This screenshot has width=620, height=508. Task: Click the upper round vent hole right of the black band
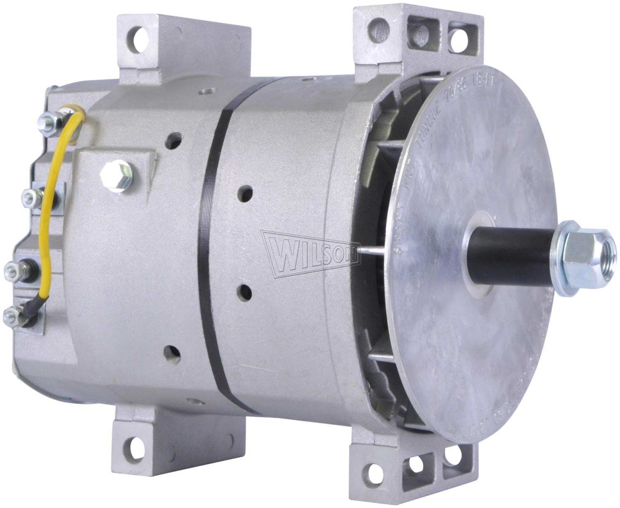pos(246,192)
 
